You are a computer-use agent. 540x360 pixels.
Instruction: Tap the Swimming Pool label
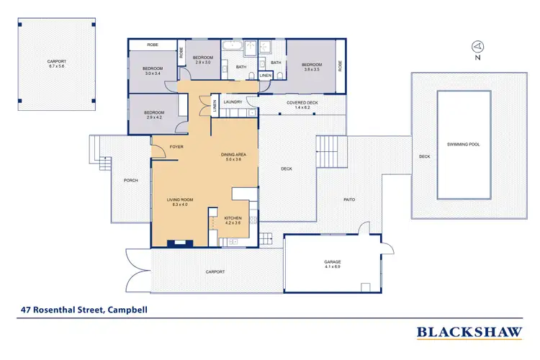point(464,144)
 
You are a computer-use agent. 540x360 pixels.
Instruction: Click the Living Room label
point(177,202)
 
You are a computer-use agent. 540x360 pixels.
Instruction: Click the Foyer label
point(176,147)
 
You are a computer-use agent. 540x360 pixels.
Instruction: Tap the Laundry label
point(233,102)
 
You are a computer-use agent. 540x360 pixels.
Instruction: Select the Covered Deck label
point(302,105)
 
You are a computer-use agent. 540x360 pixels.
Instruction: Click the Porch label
point(130,180)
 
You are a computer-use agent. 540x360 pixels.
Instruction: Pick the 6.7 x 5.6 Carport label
point(57,63)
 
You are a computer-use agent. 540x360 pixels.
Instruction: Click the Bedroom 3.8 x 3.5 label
point(311,67)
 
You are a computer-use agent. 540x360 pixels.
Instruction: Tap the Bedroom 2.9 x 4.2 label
point(154,114)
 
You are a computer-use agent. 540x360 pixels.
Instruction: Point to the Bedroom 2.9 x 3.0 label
point(202,60)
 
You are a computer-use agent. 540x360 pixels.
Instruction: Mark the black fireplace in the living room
point(176,243)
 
